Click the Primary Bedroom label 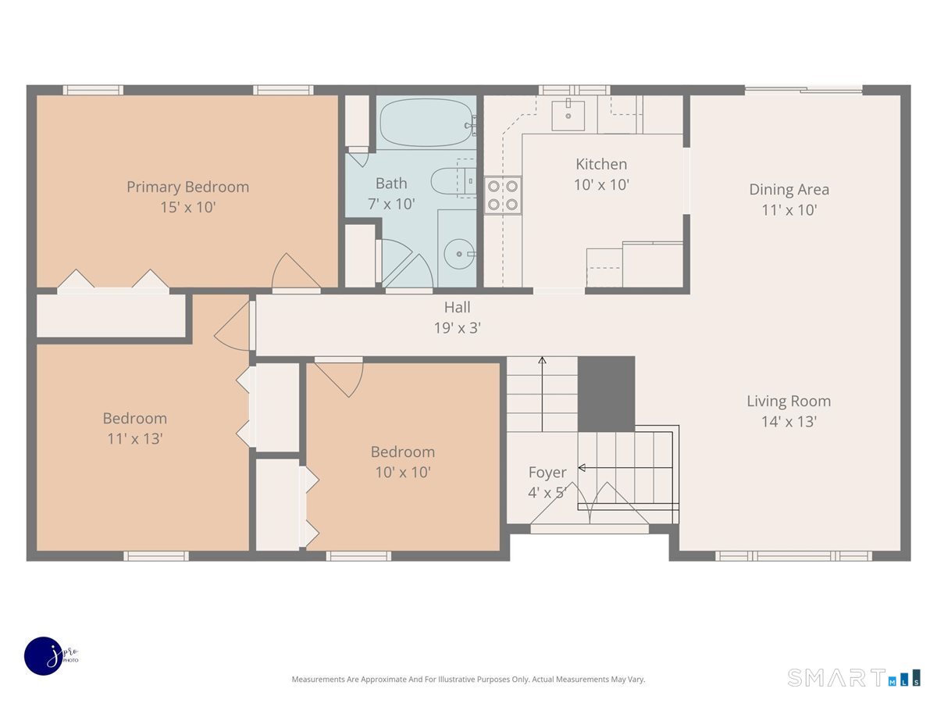[188, 187]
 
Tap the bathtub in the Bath [427, 123]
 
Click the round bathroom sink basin [459, 254]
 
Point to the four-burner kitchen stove [502, 195]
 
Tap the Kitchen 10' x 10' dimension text [601, 185]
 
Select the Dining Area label [789, 190]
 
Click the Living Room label [789, 401]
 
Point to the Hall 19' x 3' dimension [458, 328]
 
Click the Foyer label [547, 472]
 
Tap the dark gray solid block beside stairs [606, 394]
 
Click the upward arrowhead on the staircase [542, 360]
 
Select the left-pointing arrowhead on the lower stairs [582, 468]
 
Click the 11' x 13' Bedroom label [135, 419]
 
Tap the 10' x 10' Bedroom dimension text [403, 472]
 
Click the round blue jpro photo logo [44, 656]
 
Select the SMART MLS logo [853, 677]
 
